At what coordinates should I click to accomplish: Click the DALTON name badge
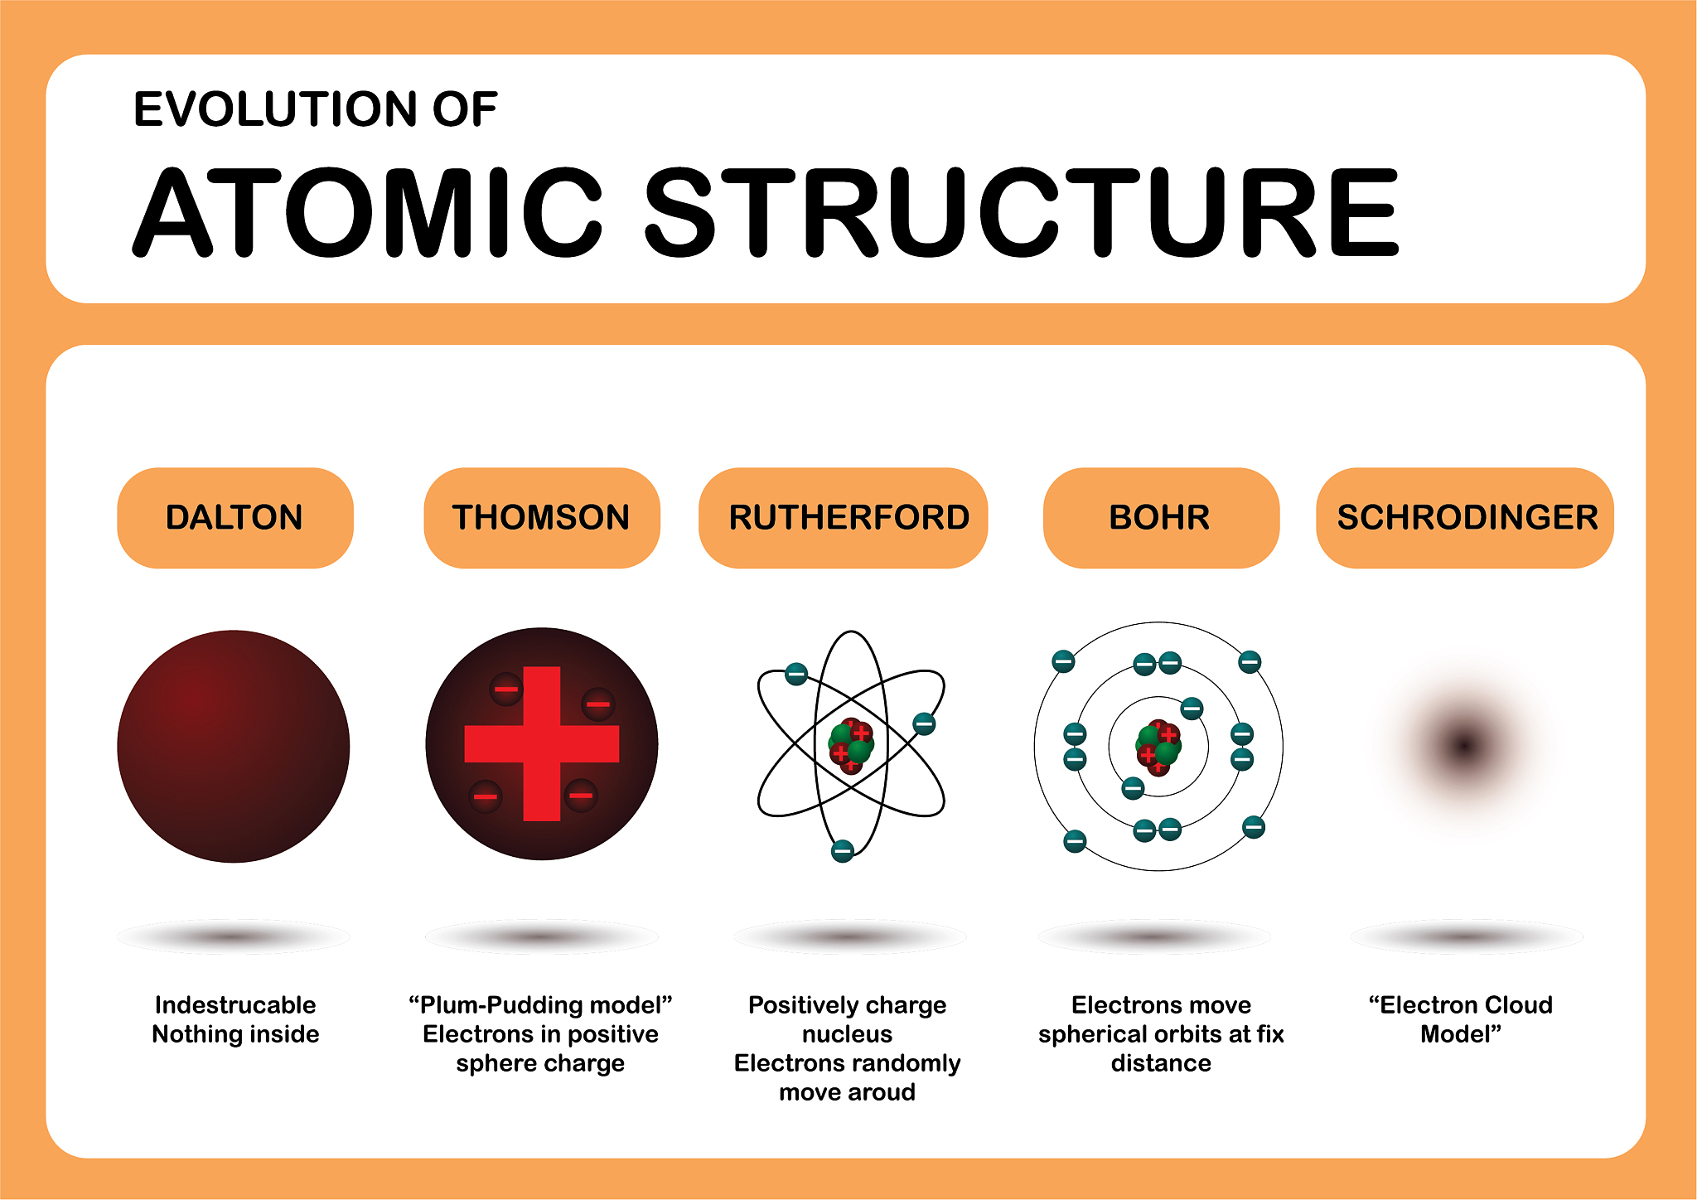[x=235, y=518]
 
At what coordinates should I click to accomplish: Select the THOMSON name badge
[x=542, y=518]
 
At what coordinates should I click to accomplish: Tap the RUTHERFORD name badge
[x=844, y=518]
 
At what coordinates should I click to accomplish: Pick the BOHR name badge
[x=1161, y=518]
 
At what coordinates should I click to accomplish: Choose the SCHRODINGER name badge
[x=1465, y=518]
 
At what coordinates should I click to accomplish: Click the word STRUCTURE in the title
[x=1022, y=212]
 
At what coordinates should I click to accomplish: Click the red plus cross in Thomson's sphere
[x=542, y=744]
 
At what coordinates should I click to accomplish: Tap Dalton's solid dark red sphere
[x=234, y=746]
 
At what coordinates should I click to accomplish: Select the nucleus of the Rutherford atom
[x=851, y=745]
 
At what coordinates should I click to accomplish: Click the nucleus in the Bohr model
[x=1158, y=747]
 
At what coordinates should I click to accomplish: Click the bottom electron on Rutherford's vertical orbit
[x=843, y=851]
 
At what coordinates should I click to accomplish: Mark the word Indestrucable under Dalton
[x=235, y=1005]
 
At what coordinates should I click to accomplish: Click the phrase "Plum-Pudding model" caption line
[x=540, y=1005]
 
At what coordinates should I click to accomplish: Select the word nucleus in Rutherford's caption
[x=848, y=1034]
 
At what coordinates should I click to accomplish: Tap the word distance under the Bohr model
[x=1161, y=1063]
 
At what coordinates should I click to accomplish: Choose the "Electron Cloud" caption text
[x=1461, y=1005]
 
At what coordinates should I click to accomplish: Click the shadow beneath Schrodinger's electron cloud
[x=1467, y=936]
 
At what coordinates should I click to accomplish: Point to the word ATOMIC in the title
[x=367, y=212]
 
